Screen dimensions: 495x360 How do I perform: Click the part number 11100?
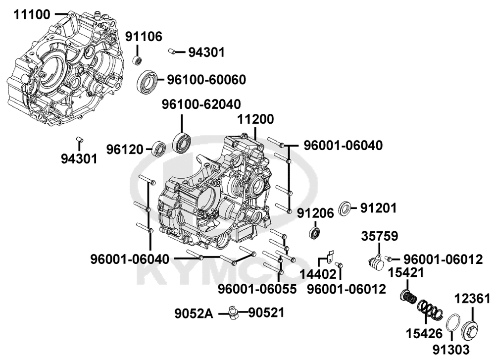[x=32, y=14]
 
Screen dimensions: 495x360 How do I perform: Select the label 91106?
[x=144, y=37]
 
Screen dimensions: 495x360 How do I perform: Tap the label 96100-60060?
[x=206, y=80]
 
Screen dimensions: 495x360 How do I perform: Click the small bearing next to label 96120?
[x=159, y=149]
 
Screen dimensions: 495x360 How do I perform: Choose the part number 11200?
[x=255, y=119]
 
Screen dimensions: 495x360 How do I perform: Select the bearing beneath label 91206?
[x=315, y=233]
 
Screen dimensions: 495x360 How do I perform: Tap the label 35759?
[x=380, y=236]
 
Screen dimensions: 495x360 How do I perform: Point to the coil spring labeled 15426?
[x=430, y=309]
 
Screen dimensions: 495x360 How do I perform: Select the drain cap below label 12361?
[x=470, y=329]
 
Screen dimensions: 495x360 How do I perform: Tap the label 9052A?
[x=194, y=313]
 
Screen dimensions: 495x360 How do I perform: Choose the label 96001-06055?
[x=257, y=289]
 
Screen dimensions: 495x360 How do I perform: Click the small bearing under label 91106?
[x=137, y=60]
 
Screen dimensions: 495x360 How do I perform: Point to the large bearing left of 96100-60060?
[x=148, y=82]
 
